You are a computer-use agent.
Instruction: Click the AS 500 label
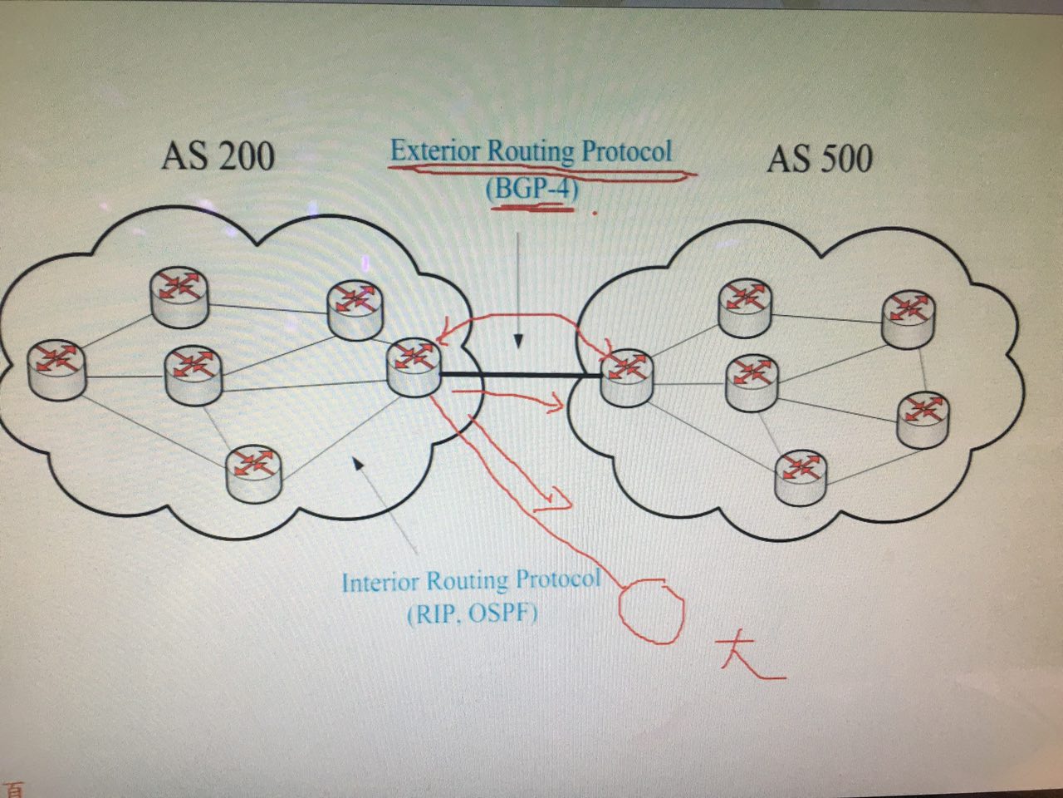[820, 159]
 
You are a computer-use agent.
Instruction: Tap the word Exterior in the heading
[435, 151]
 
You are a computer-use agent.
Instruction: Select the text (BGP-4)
[531, 189]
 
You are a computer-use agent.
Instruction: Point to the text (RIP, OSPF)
[473, 614]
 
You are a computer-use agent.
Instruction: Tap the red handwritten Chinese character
[747, 657]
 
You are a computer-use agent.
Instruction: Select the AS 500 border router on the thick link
[626, 376]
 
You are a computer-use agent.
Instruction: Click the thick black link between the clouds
[520, 376]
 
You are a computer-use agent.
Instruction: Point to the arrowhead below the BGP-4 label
[518, 341]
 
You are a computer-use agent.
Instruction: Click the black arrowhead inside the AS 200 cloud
[358, 462]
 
